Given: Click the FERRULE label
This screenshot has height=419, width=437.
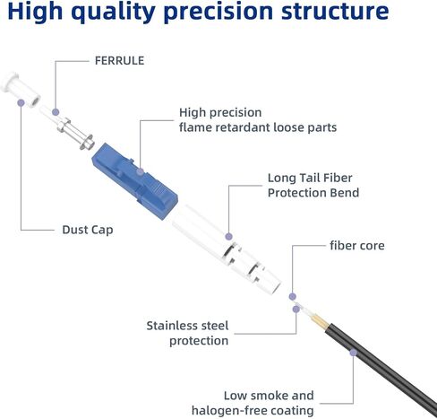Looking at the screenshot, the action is [119, 61].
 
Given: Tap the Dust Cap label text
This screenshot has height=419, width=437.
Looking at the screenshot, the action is [88, 230].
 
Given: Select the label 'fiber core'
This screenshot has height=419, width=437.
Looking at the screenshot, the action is [357, 246].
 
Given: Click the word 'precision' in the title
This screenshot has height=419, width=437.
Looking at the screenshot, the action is [218, 12].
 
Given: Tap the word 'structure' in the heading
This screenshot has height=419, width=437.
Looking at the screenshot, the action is [335, 11].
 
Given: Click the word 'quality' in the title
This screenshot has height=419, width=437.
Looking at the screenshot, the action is [113, 12].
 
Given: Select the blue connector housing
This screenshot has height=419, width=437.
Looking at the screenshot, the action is [135, 181].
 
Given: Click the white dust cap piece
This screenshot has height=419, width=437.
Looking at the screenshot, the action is [21, 89].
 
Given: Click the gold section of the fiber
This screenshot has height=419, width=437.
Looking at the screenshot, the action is [319, 323].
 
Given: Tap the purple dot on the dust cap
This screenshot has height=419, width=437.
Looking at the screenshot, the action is [21, 102].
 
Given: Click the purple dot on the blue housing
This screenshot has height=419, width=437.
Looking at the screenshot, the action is [140, 171].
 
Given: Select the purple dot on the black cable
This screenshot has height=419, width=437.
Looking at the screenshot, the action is [353, 353].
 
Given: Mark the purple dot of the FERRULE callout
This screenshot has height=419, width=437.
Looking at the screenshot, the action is [56, 112].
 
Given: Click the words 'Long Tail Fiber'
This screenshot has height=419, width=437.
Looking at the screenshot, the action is [310, 178].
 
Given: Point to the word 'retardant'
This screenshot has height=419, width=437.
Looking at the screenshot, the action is [243, 127].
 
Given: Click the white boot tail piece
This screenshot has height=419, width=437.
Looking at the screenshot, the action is [227, 249].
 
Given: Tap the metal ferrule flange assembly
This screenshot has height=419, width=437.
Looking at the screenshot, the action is [76, 134].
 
